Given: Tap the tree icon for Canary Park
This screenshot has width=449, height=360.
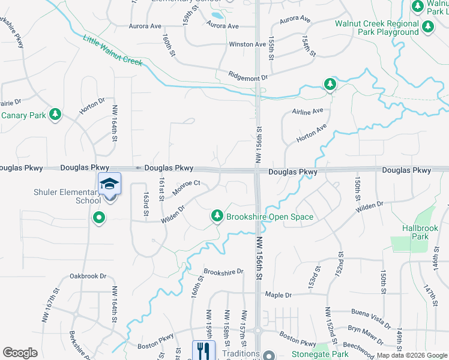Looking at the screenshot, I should pos(55,113).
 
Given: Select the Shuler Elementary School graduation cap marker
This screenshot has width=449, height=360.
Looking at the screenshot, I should pos(110,184).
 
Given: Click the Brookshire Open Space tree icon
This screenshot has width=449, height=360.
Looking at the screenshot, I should pos(217,215).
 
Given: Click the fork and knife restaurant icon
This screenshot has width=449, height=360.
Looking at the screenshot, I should pos(203,349).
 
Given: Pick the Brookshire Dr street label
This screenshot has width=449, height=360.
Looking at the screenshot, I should pos(223,272).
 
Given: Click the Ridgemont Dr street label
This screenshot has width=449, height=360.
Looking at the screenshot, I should pos(247,77).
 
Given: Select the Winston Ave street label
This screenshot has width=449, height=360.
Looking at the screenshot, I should pos(247,44).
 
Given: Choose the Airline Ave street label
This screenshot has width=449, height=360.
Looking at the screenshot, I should pos(307,112).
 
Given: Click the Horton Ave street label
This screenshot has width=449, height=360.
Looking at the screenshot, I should pos(312,134).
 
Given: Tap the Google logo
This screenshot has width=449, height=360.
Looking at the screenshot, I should pos(20,353).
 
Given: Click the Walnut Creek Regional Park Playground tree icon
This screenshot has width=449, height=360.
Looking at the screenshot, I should pos(427,27).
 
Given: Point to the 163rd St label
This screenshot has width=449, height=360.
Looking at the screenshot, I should pos(145,205).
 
